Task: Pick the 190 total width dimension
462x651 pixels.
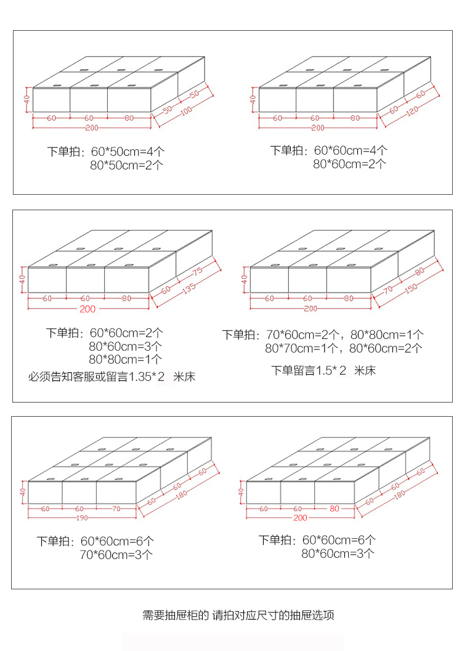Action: [81, 518]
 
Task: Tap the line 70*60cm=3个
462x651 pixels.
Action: [116, 555]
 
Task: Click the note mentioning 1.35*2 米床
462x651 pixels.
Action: [111, 376]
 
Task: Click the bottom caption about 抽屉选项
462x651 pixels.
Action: [238, 615]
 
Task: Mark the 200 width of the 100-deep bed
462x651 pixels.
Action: [92, 128]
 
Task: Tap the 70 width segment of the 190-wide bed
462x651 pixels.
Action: [116, 509]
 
